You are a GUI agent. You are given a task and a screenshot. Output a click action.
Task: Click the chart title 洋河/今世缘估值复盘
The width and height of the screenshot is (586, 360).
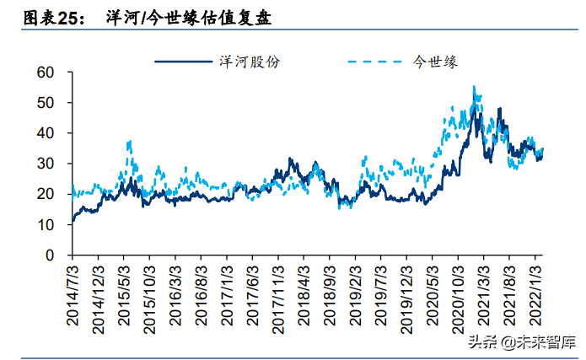click(188, 18)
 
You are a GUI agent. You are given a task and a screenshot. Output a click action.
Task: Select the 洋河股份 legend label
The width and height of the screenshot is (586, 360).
click(250, 62)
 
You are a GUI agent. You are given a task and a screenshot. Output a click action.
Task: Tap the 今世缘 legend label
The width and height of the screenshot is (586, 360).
click(435, 62)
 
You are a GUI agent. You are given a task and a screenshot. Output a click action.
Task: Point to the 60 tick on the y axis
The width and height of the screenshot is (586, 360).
click(46, 73)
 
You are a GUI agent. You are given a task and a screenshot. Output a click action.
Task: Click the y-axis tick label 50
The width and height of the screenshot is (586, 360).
click(46, 103)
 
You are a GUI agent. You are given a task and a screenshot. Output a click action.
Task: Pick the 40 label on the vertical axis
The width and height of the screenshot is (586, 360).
click(46, 133)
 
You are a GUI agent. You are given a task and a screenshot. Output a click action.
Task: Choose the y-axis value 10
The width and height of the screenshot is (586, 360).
click(46, 224)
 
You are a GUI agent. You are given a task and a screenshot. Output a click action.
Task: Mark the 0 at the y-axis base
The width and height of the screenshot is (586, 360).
click(50, 255)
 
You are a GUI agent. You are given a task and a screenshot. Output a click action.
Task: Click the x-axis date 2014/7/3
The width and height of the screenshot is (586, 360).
click(73, 296)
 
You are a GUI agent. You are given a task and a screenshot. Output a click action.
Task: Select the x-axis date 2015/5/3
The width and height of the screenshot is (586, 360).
click(124, 296)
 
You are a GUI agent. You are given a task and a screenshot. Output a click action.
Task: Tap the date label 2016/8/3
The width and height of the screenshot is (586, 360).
click(201, 296)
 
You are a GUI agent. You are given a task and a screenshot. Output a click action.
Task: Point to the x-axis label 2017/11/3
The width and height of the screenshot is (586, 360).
click(278, 300)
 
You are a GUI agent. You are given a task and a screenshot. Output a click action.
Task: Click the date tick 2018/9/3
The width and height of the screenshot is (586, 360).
click(330, 296)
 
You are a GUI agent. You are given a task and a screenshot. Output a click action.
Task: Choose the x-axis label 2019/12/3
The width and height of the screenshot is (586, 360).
click(406, 300)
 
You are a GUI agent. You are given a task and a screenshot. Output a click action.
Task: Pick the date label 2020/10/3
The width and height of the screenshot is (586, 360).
click(458, 300)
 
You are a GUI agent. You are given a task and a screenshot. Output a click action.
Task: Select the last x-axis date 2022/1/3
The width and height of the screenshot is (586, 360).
click(535, 296)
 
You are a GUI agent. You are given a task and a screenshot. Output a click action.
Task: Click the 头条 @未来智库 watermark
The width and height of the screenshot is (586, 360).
click(522, 342)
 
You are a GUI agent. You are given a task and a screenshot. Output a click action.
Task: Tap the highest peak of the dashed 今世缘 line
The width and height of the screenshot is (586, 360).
click(474, 87)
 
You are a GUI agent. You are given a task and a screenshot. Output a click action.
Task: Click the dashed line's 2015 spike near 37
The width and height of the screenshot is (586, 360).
click(130, 142)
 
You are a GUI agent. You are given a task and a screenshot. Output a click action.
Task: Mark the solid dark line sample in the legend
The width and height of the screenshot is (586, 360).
click(184, 62)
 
